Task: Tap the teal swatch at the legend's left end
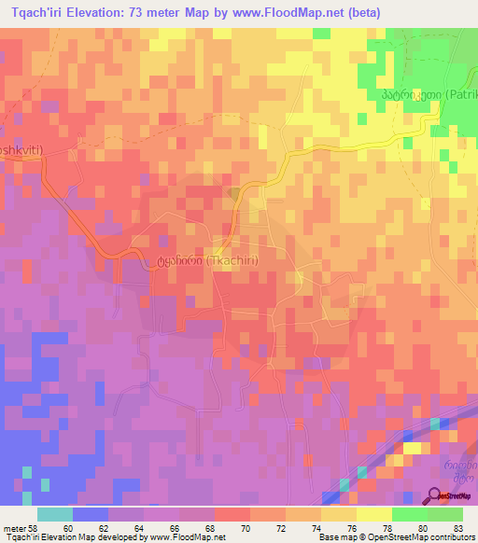[x=55, y=514]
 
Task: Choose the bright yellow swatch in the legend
[x=373, y=514]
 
